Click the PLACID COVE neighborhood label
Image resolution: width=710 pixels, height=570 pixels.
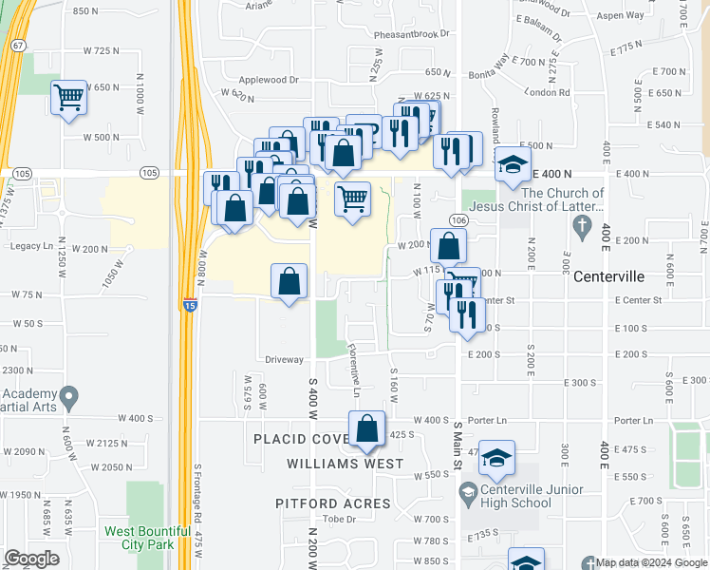click(301, 438)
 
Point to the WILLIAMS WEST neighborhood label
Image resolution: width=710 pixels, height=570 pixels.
click(341, 464)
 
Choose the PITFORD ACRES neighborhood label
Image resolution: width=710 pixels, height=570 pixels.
click(333, 503)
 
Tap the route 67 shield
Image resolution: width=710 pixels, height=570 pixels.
click(18, 46)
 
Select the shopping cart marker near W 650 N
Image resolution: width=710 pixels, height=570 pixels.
click(68, 96)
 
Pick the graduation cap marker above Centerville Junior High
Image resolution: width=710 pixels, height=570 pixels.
click(496, 458)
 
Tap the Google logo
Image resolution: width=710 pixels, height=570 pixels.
click(32, 558)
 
